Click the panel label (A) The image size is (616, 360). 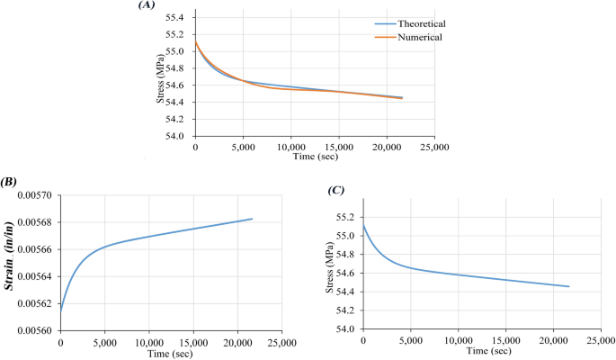click(147, 5)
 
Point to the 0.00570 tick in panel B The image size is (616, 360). click(35, 196)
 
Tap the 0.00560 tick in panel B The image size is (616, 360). click(35, 331)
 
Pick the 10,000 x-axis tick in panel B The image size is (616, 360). click(149, 342)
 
